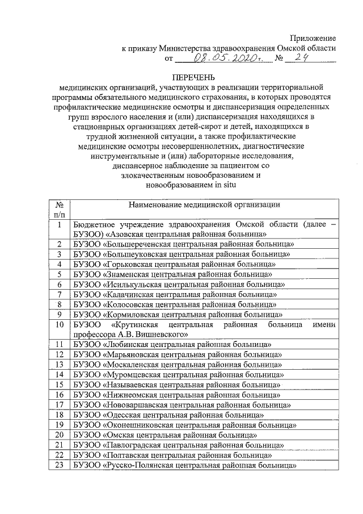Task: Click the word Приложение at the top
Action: tap(313, 39)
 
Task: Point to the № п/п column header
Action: tap(59, 210)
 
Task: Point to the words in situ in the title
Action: tap(223, 185)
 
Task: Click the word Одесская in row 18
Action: tap(124, 415)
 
